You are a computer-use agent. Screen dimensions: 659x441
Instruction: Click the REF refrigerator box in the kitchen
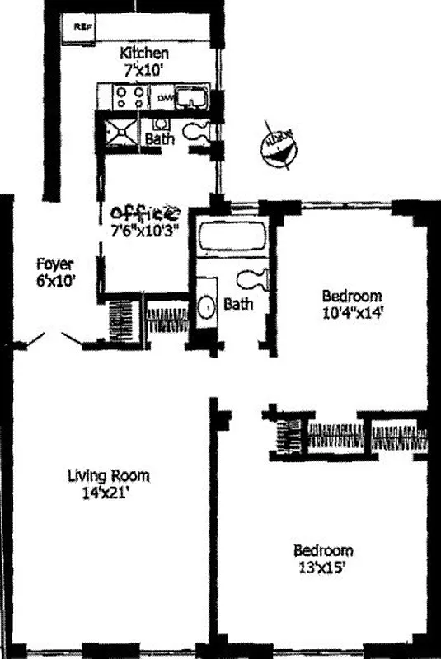coord(82,26)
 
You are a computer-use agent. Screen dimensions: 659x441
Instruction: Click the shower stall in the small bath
coord(123,130)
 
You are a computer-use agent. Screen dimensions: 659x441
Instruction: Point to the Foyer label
coord(54,264)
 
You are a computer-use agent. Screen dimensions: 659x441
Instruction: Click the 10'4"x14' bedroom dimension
coord(352,312)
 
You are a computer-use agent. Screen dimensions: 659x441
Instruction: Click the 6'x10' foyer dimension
coord(55,279)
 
